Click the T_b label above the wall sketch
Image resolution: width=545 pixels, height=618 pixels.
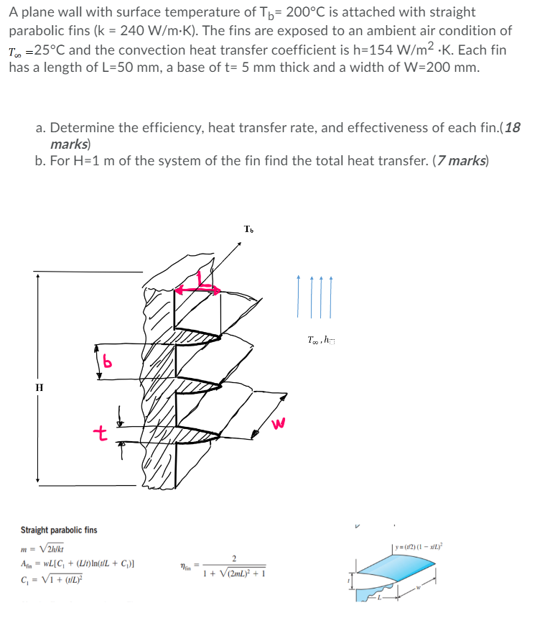(x=248, y=230)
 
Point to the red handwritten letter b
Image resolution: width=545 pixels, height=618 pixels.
(x=108, y=360)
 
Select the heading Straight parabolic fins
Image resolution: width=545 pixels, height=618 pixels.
(x=59, y=530)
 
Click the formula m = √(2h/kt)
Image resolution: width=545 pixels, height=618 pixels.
(x=44, y=549)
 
